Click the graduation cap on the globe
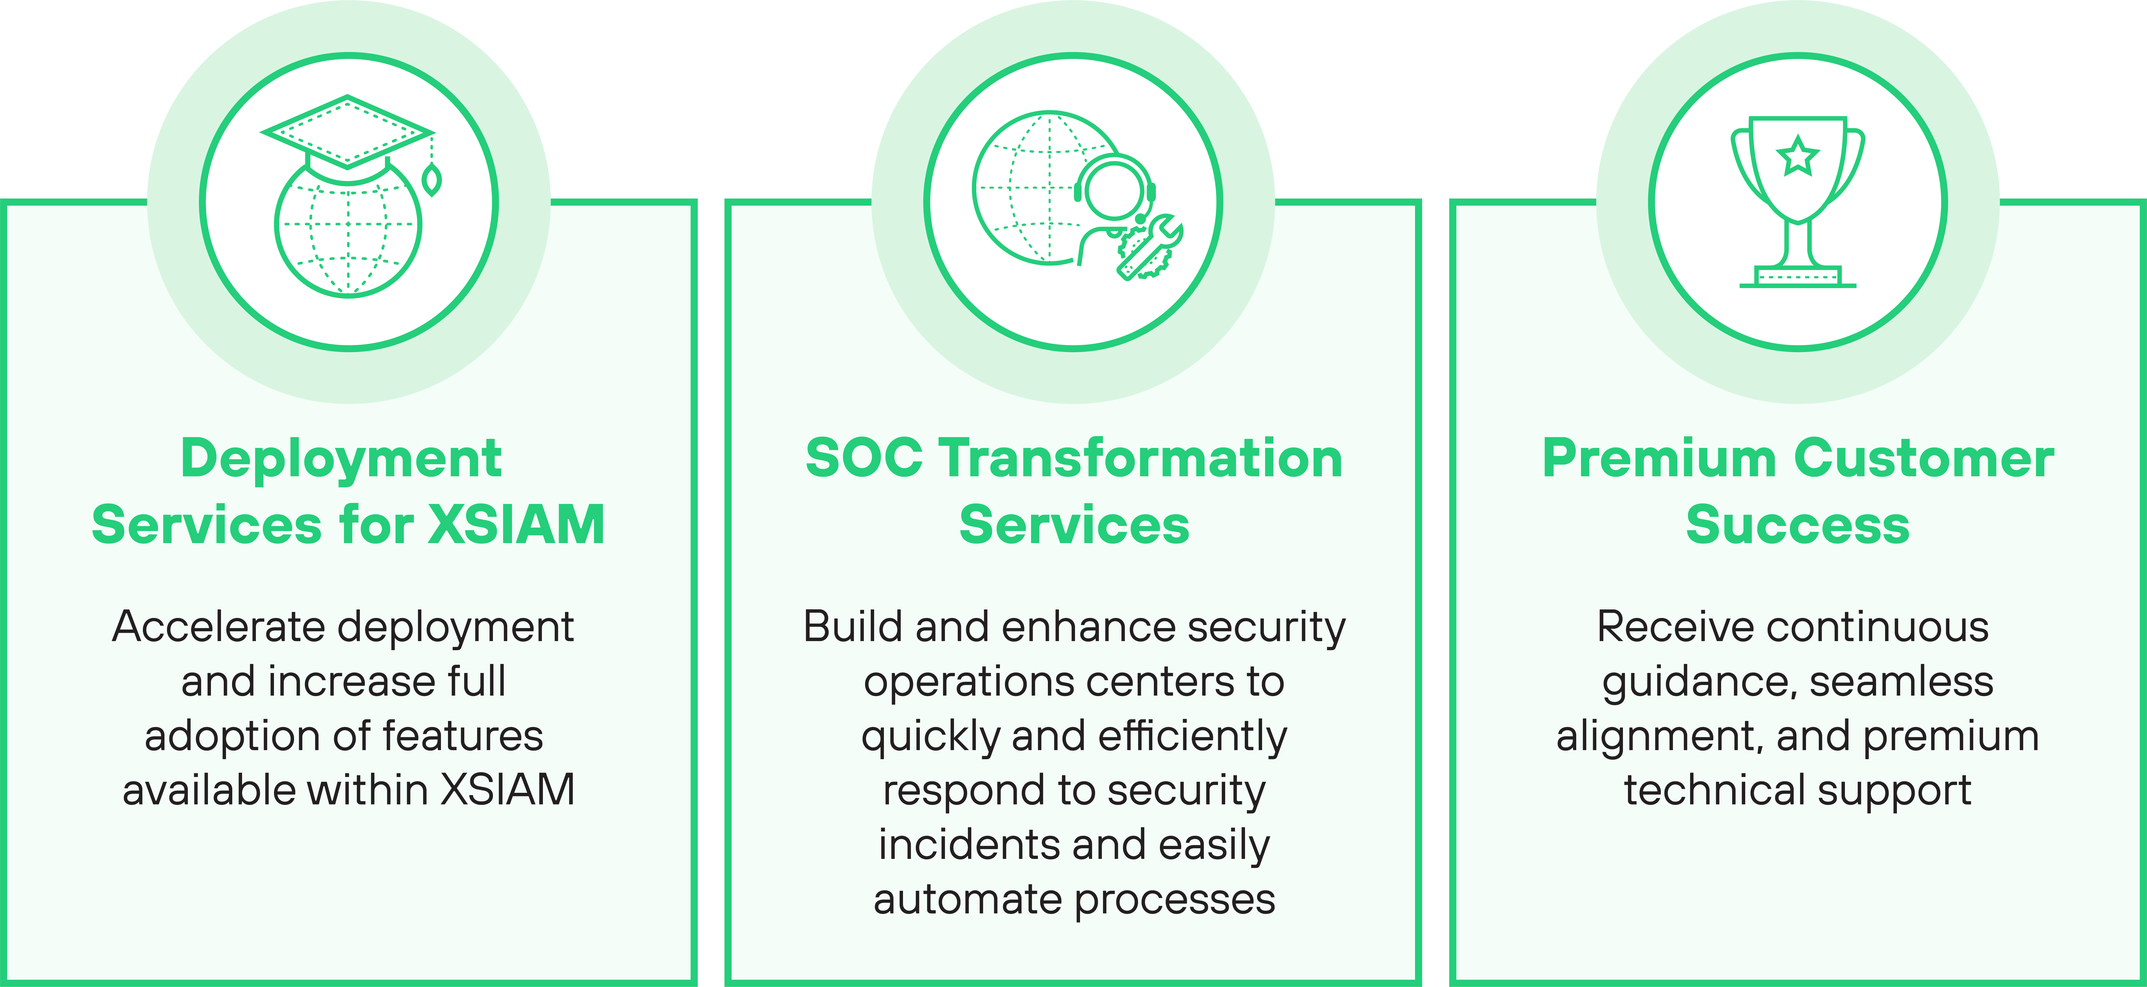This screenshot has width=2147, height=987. (x=347, y=133)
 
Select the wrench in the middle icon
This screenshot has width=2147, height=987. (x=1150, y=246)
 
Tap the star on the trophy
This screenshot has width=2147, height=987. (x=1798, y=157)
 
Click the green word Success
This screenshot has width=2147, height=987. (x=1798, y=525)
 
